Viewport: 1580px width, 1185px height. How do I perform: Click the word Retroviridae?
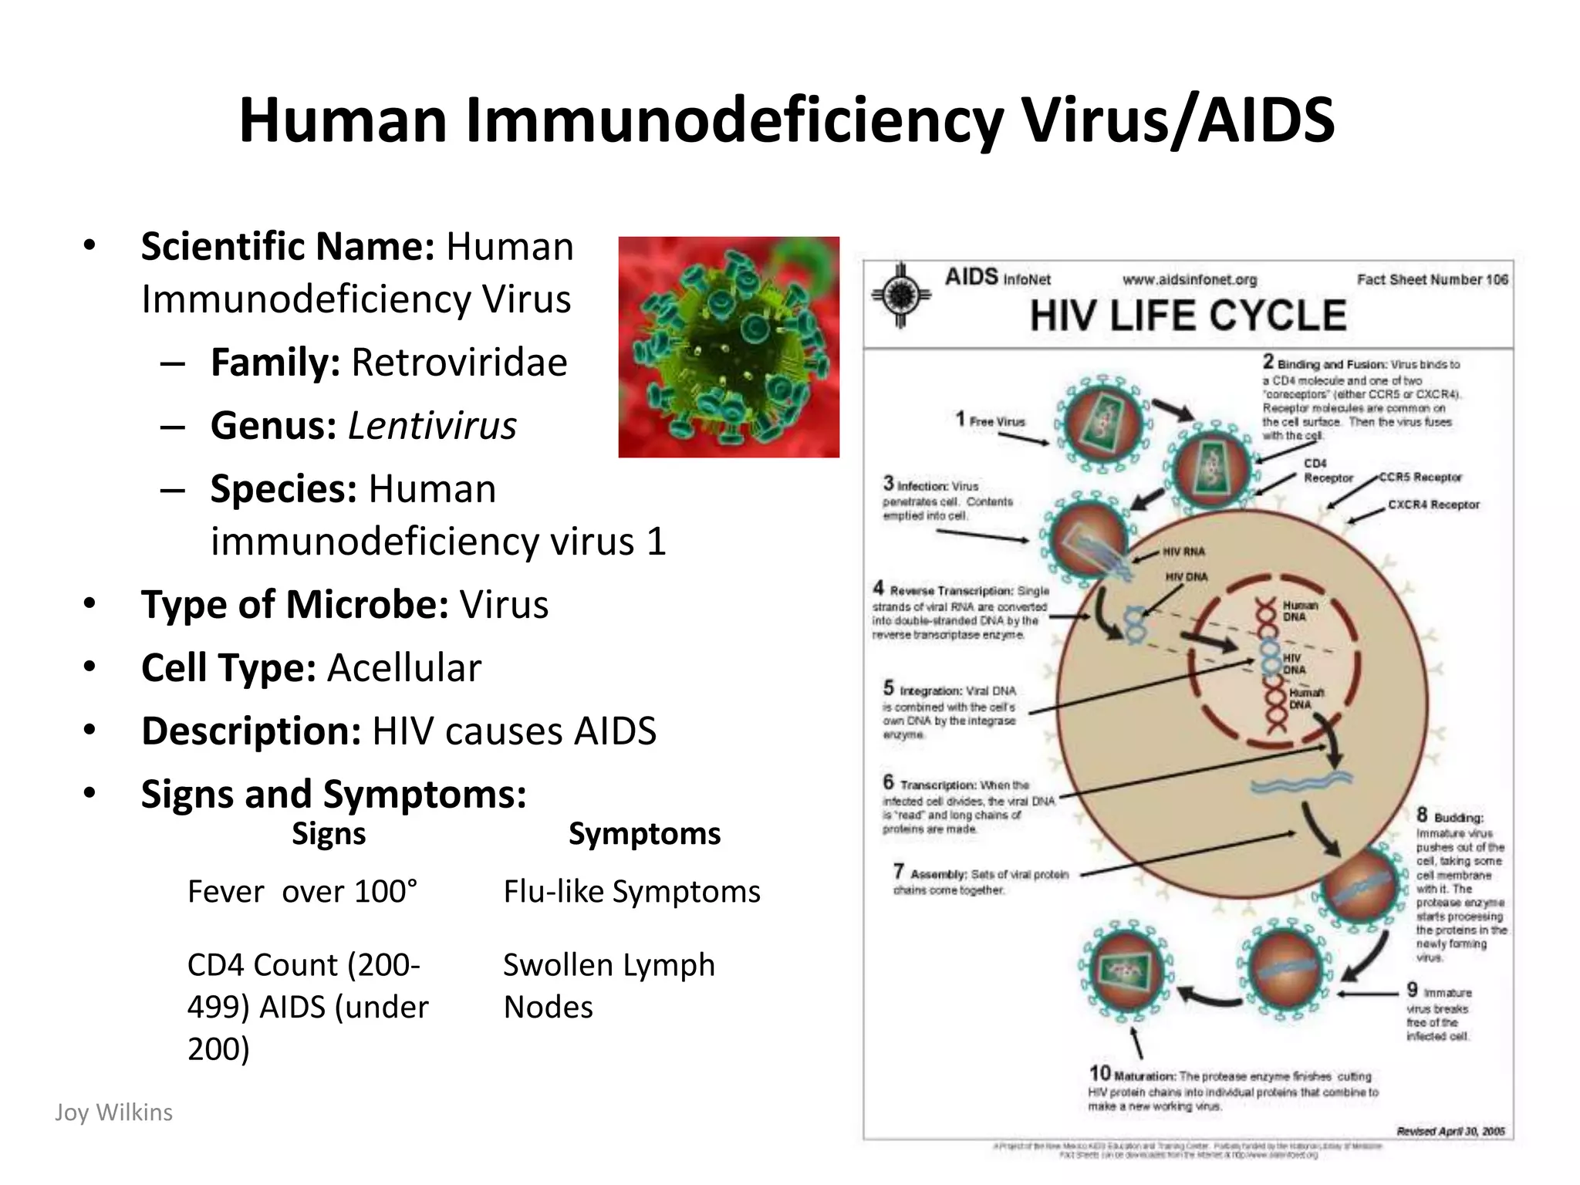(459, 363)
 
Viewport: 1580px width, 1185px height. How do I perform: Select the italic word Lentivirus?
(432, 426)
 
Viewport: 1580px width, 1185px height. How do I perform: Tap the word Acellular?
(404, 668)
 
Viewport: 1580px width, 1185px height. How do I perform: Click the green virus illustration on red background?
(728, 347)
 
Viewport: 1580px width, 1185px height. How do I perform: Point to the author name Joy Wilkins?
(114, 1112)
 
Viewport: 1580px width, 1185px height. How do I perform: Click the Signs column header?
(329, 834)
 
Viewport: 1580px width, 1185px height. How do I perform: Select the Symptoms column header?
(644, 834)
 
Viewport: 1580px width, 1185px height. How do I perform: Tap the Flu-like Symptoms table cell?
(632, 892)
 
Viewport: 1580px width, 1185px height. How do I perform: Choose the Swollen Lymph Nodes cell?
(609, 986)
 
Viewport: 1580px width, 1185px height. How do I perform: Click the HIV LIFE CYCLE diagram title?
(1188, 316)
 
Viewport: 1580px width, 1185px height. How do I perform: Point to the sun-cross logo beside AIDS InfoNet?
(900, 295)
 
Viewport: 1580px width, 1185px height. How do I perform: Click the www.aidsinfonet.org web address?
(1190, 279)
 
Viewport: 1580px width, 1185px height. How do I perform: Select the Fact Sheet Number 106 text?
(1432, 279)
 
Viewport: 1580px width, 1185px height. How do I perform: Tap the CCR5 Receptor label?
(1420, 478)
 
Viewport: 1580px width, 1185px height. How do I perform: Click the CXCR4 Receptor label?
(1433, 505)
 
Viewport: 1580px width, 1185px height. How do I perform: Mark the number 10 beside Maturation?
(1099, 1073)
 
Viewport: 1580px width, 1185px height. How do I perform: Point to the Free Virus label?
(997, 421)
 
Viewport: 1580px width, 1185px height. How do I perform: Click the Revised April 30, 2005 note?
(1450, 1131)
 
